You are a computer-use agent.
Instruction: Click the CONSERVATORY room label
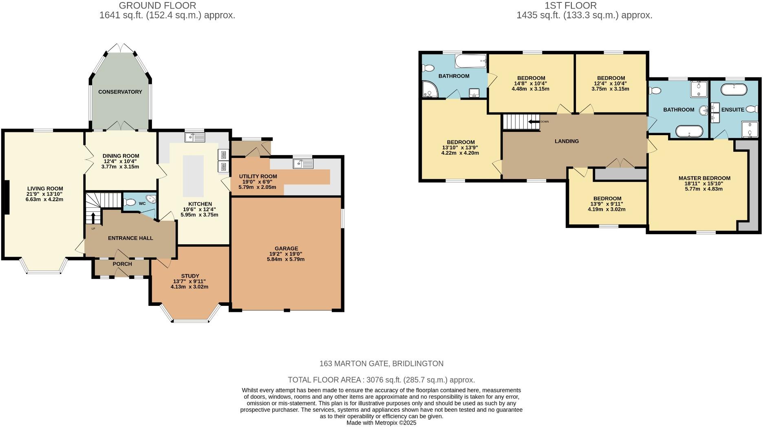(x=120, y=92)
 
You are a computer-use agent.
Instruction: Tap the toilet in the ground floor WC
(x=130, y=202)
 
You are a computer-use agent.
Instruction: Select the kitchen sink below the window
(x=195, y=138)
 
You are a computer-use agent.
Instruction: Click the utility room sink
(x=303, y=164)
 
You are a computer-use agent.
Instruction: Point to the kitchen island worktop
(x=193, y=176)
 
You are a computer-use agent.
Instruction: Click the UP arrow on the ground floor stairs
(x=93, y=218)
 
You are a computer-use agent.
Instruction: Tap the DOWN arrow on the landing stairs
(x=534, y=121)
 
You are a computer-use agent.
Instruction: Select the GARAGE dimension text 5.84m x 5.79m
(x=286, y=259)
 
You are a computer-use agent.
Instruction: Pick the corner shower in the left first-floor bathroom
(x=429, y=90)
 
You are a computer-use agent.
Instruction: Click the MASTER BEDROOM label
(x=704, y=178)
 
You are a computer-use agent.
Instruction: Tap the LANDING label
(x=567, y=141)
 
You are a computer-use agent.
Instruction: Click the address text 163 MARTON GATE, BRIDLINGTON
(x=381, y=364)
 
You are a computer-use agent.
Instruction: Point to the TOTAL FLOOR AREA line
(x=381, y=380)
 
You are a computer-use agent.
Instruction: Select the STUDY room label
(x=190, y=276)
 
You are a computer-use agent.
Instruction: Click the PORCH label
(x=122, y=264)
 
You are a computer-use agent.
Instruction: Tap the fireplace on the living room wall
(x=6, y=197)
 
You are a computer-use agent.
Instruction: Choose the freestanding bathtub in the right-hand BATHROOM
(x=689, y=131)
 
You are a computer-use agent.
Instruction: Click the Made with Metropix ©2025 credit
(x=381, y=423)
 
